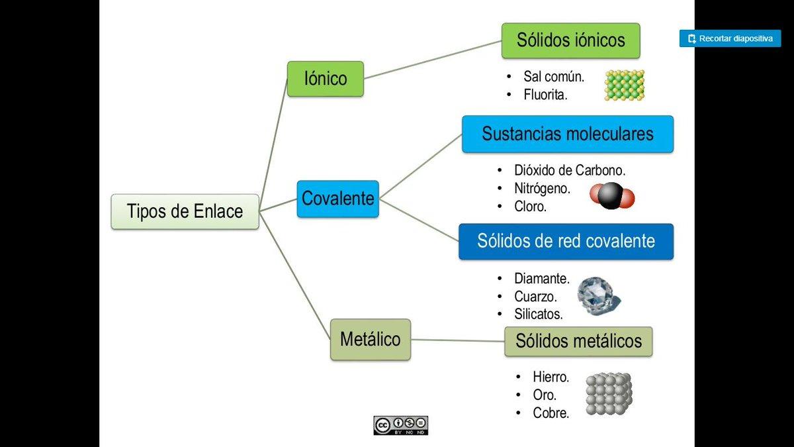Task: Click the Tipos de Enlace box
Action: [185, 211]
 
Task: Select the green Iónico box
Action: [325, 79]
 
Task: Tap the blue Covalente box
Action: [337, 199]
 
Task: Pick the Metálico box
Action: [370, 340]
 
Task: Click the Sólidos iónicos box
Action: [570, 40]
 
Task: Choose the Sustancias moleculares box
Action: [567, 134]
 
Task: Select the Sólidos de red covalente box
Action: [566, 241]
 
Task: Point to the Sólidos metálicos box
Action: [578, 342]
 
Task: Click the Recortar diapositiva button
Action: [730, 38]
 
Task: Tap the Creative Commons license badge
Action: [401, 425]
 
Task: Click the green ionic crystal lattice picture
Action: [624, 85]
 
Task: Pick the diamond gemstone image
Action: [598, 295]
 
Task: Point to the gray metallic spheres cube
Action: [608, 394]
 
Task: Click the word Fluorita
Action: [545, 95]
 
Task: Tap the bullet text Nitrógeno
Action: [542, 189]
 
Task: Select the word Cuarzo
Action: [535, 297]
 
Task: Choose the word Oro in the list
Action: [545, 395]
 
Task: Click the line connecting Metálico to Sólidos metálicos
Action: [457, 340]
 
